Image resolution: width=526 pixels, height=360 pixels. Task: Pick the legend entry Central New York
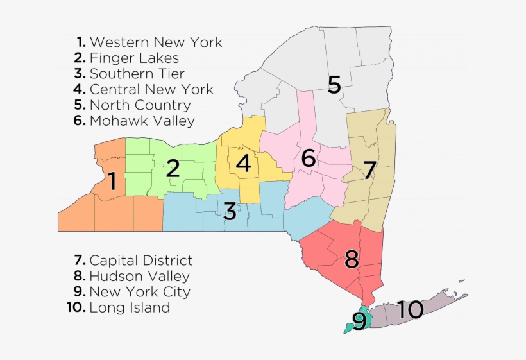coord(144,89)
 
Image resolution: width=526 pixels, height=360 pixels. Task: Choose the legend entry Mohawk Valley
coord(134,120)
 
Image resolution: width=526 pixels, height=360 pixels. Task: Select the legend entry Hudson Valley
coord(132,277)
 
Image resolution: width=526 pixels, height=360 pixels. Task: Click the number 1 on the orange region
coord(112,182)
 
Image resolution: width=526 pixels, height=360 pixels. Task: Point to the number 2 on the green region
coord(173,169)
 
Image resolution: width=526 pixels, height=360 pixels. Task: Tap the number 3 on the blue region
coord(230,210)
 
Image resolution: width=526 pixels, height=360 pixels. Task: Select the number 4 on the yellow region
coord(243,163)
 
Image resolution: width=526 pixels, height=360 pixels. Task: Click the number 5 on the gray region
coord(334,85)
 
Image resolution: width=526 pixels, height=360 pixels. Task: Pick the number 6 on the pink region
coord(309,158)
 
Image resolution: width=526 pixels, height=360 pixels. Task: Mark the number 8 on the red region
coord(351,259)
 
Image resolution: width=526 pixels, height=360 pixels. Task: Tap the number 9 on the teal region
coord(359,321)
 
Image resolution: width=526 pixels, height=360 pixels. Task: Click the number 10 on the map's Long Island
coord(409,310)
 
